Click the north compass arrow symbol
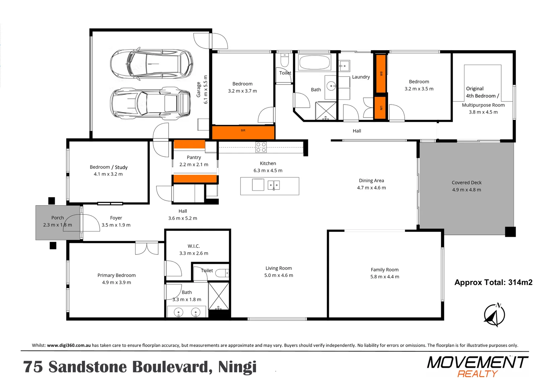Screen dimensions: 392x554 [x=494, y=315]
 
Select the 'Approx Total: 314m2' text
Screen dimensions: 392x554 [x=493, y=282]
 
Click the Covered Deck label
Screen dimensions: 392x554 [x=466, y=183]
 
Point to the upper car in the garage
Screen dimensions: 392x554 [x=152, y=64]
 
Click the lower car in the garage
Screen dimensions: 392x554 [x=151, y=102]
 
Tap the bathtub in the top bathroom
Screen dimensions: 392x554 [x=314, y=62]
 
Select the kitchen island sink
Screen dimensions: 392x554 [x=273, y=185]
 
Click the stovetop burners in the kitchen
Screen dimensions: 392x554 [x=261, y=147]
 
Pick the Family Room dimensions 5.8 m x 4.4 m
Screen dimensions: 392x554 [x=384, y=277]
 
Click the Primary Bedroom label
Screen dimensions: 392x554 [x=116, y=275]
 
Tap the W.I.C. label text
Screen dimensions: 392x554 [x=194, y=246]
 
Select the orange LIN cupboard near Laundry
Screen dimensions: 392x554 [x=380, y=108]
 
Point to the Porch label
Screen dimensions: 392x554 [x=57, y=218]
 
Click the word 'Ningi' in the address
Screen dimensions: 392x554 [x=237, y=367]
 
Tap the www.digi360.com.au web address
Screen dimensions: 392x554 [x=69, y=345]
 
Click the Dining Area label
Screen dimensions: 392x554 [x=371, y=180]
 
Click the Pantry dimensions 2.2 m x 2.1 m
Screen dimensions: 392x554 [x=194, y=164]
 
